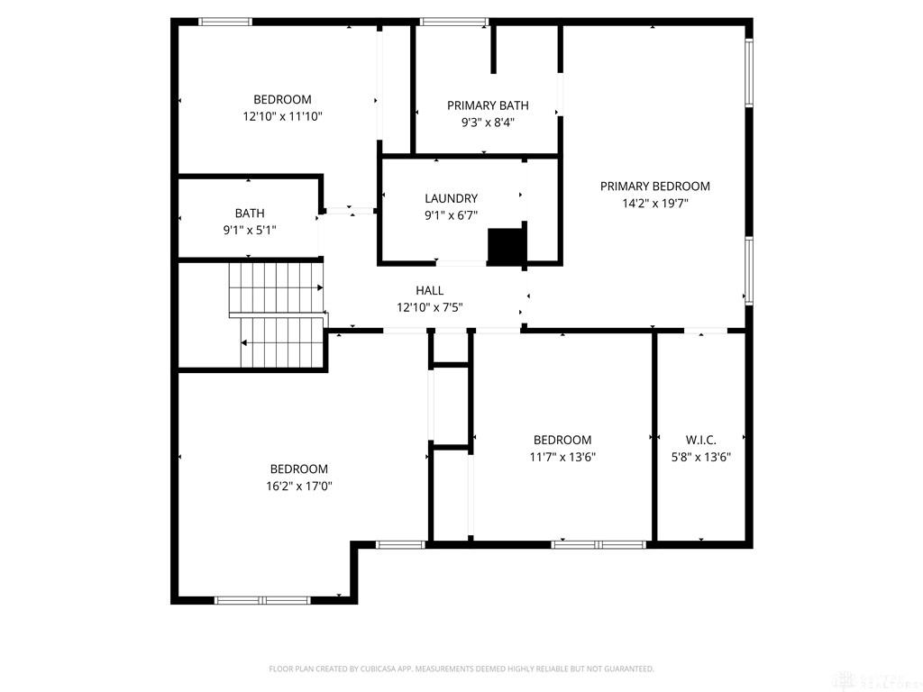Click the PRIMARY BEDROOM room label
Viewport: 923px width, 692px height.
[x=654, y=187]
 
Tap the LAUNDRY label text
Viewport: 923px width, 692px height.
[x=451, y=198]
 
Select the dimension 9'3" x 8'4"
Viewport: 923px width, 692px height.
[x=488, y=123]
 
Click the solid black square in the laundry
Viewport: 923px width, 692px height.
[x=506, y=246]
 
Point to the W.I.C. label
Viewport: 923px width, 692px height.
[x=700, y=440]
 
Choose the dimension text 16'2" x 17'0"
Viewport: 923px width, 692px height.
[x=299, y=486]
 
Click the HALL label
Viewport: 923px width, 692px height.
[x=429, y=290]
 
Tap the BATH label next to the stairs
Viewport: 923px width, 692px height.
[x=250, y=214]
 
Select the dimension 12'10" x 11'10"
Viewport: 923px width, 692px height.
[x=282, y=116]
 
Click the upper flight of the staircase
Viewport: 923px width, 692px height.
[x=275, y=287]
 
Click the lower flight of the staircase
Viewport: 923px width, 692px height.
[x=282, y=342]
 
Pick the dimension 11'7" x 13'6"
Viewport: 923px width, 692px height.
[x=562, y=457]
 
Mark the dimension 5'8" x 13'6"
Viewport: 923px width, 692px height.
[x=700, y=457]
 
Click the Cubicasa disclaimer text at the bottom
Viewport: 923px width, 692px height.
[x=461, y=669]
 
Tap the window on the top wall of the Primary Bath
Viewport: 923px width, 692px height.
[x=454, y=21]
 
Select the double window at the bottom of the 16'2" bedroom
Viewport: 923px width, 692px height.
[x=262, y=599]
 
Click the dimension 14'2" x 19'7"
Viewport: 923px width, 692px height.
[x=654, y=204]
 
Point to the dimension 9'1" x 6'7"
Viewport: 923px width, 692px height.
[x=451, y=215]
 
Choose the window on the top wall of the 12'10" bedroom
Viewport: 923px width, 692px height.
[x=224, y=21]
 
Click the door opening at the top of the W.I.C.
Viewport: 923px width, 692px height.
[x=705, y=332]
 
